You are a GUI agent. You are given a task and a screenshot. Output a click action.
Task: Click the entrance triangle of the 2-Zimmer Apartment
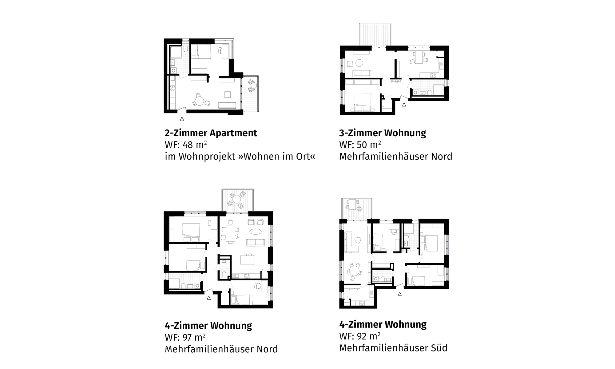point(182,119)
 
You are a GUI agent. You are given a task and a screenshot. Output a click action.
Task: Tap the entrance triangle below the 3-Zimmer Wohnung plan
point(404,105)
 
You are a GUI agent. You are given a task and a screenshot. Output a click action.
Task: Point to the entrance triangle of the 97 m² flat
point(209,298)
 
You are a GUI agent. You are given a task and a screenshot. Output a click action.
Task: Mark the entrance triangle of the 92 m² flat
point(400,294)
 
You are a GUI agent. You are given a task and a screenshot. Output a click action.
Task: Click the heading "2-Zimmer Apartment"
point(211,133)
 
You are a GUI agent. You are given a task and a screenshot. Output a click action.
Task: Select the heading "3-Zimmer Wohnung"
point(383,133)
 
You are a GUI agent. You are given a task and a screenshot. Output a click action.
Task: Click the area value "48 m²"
point(195,145)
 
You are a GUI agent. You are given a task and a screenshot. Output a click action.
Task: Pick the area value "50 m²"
point(369,145)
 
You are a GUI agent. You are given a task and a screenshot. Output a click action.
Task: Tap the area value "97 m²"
point(194,337)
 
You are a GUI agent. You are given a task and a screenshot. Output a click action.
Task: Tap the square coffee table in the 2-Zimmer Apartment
point(228,94)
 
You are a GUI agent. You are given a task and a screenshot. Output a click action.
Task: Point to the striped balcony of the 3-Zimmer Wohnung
point(375,34)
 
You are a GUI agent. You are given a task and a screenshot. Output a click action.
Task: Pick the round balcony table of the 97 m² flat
point(236,199)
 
